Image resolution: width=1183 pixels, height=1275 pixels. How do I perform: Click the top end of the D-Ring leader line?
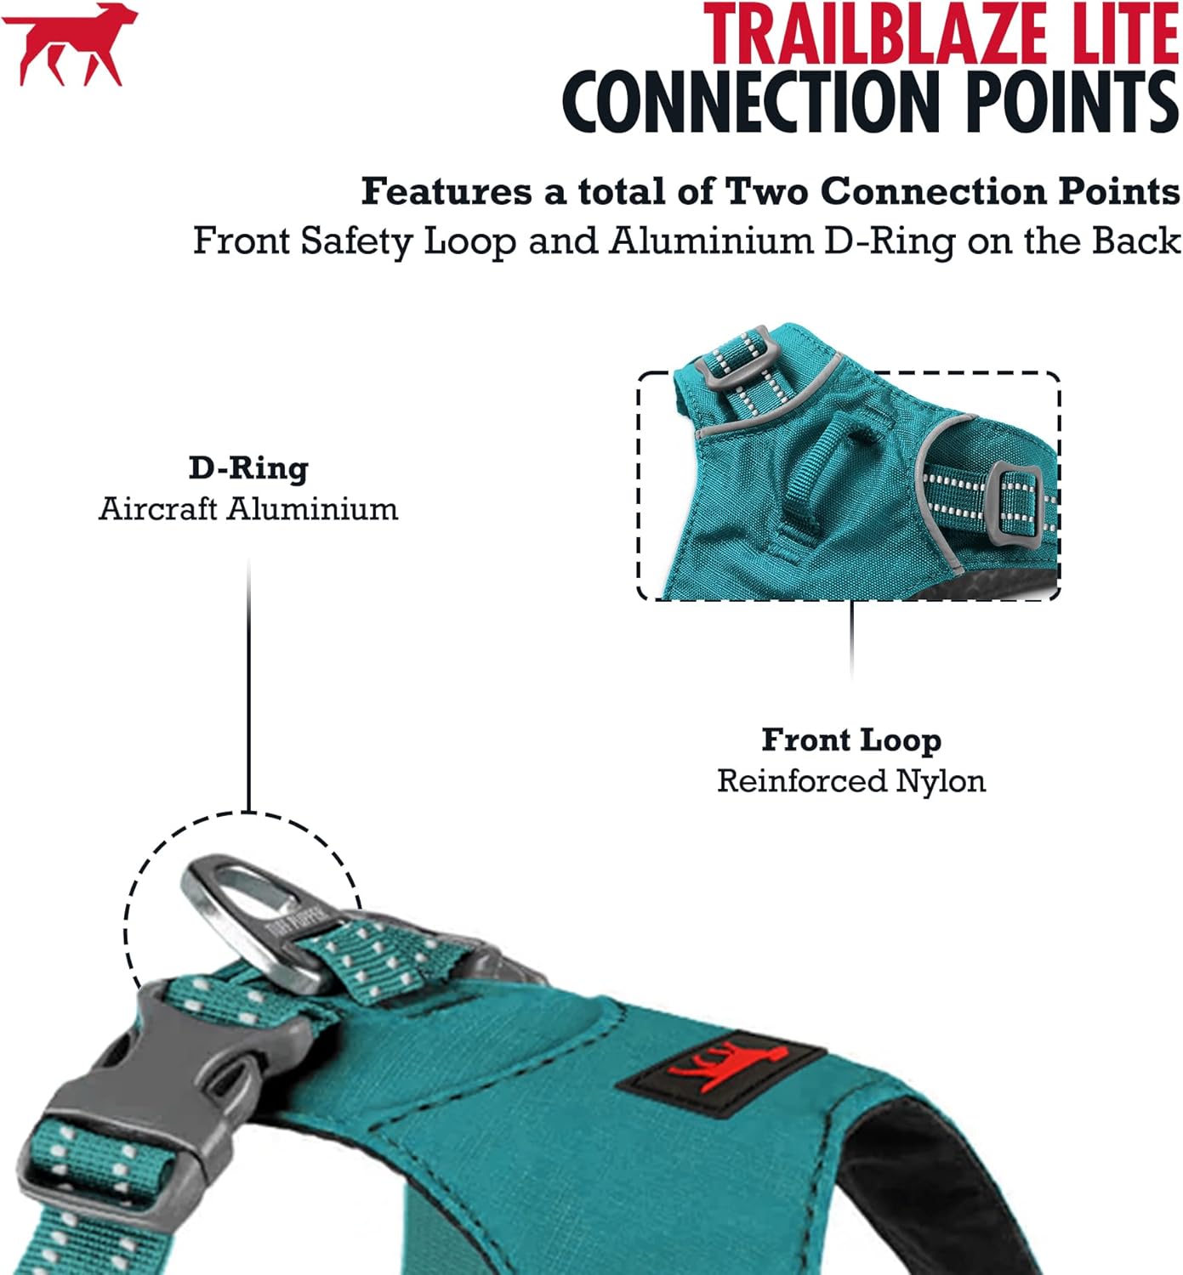coord(248,560)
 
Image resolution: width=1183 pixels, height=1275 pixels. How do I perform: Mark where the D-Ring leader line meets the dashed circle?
coord(248,813)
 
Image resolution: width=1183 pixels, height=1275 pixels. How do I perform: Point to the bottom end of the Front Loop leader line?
coord(852,679)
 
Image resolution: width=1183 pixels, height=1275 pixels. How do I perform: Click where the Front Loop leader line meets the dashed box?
coord(852,600)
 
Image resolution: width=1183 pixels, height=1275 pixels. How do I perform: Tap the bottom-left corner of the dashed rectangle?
coord(638,599)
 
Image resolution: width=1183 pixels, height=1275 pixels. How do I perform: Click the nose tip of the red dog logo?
coord(137,11)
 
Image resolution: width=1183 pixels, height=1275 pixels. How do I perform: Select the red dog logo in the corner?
coord(70,43)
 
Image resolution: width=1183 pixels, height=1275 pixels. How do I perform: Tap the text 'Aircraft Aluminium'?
coord(248,510)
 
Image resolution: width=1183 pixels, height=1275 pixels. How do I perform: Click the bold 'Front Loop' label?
coord(851,740)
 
